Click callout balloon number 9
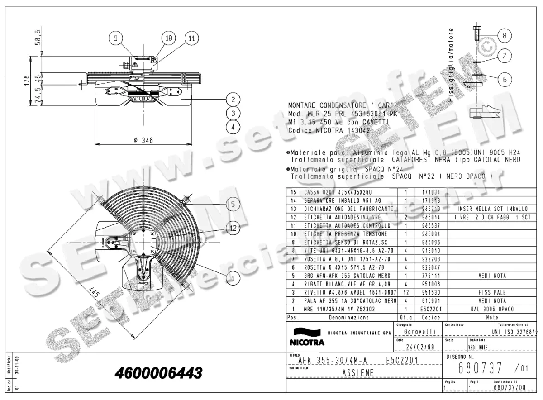pyautogui.click(x=115, y=38)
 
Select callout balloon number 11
pyautogui.click(x=191, y=38)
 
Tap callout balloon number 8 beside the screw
pyautogui.click(x=505, y=35)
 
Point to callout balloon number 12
pyautogui.click(x=233, y=229)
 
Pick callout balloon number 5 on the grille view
pyautogui.click(x=233, y=205)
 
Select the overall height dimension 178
pyautogui.click(x=27, y=81)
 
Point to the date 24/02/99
pyautogui.click(x=417, y=348)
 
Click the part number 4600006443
pyautogui.click(x=158, y=373)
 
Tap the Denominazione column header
pyautogui.click(x=348, y=317)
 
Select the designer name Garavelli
pyautogui.click(x=417, y=332)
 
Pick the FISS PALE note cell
pyautogui.click(x=491, y=293)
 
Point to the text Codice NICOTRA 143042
pyautogui.click(x=329, y=130)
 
